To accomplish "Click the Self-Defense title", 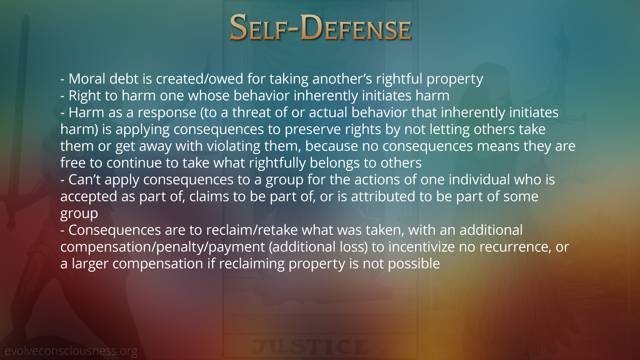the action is point(320,27).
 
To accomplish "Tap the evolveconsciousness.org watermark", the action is point(71,351).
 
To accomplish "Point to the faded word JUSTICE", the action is point(311,347).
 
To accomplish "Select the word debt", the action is point(124,79).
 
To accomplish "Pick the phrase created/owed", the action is point(200,79).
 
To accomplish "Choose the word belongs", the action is point(335,163).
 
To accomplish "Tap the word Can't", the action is point(84,180).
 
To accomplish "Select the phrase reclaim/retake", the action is point(252,230).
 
